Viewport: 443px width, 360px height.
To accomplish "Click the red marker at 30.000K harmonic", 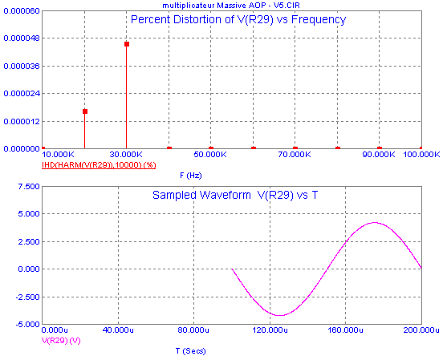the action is (127, 44).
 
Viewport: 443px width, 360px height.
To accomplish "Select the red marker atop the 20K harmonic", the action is (85, 111).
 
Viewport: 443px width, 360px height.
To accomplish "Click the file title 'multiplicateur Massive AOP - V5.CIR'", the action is (231, 6).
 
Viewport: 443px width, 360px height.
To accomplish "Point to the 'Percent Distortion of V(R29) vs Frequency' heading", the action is (238, 20).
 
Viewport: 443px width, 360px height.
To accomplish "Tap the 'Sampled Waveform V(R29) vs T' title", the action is (235, 195).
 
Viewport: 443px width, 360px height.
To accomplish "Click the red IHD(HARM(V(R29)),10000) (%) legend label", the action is (99, 164).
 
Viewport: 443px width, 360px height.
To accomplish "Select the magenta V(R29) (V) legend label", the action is (61, 341).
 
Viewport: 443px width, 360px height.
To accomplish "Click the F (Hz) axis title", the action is (191, 176).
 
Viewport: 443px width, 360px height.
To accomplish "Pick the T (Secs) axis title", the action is (191, 351).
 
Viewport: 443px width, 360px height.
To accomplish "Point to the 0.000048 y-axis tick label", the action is (22, 38).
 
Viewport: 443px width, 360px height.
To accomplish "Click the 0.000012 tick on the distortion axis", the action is (22, 121).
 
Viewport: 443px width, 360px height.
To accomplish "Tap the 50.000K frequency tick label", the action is (210, 155).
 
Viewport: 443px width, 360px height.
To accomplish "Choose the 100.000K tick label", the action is (421, 155).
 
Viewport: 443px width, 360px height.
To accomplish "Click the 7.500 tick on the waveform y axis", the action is (29, 187).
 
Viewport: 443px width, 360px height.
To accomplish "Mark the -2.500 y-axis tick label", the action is (27, 297).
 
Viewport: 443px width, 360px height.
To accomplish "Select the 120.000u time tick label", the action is (270, 330).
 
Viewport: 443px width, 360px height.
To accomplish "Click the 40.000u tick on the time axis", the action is (118, 330).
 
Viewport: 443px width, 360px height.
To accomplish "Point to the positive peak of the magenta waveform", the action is (374, 222).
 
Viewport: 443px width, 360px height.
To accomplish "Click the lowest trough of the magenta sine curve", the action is (279, 315).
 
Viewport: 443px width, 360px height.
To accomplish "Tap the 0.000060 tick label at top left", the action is (22, 11).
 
